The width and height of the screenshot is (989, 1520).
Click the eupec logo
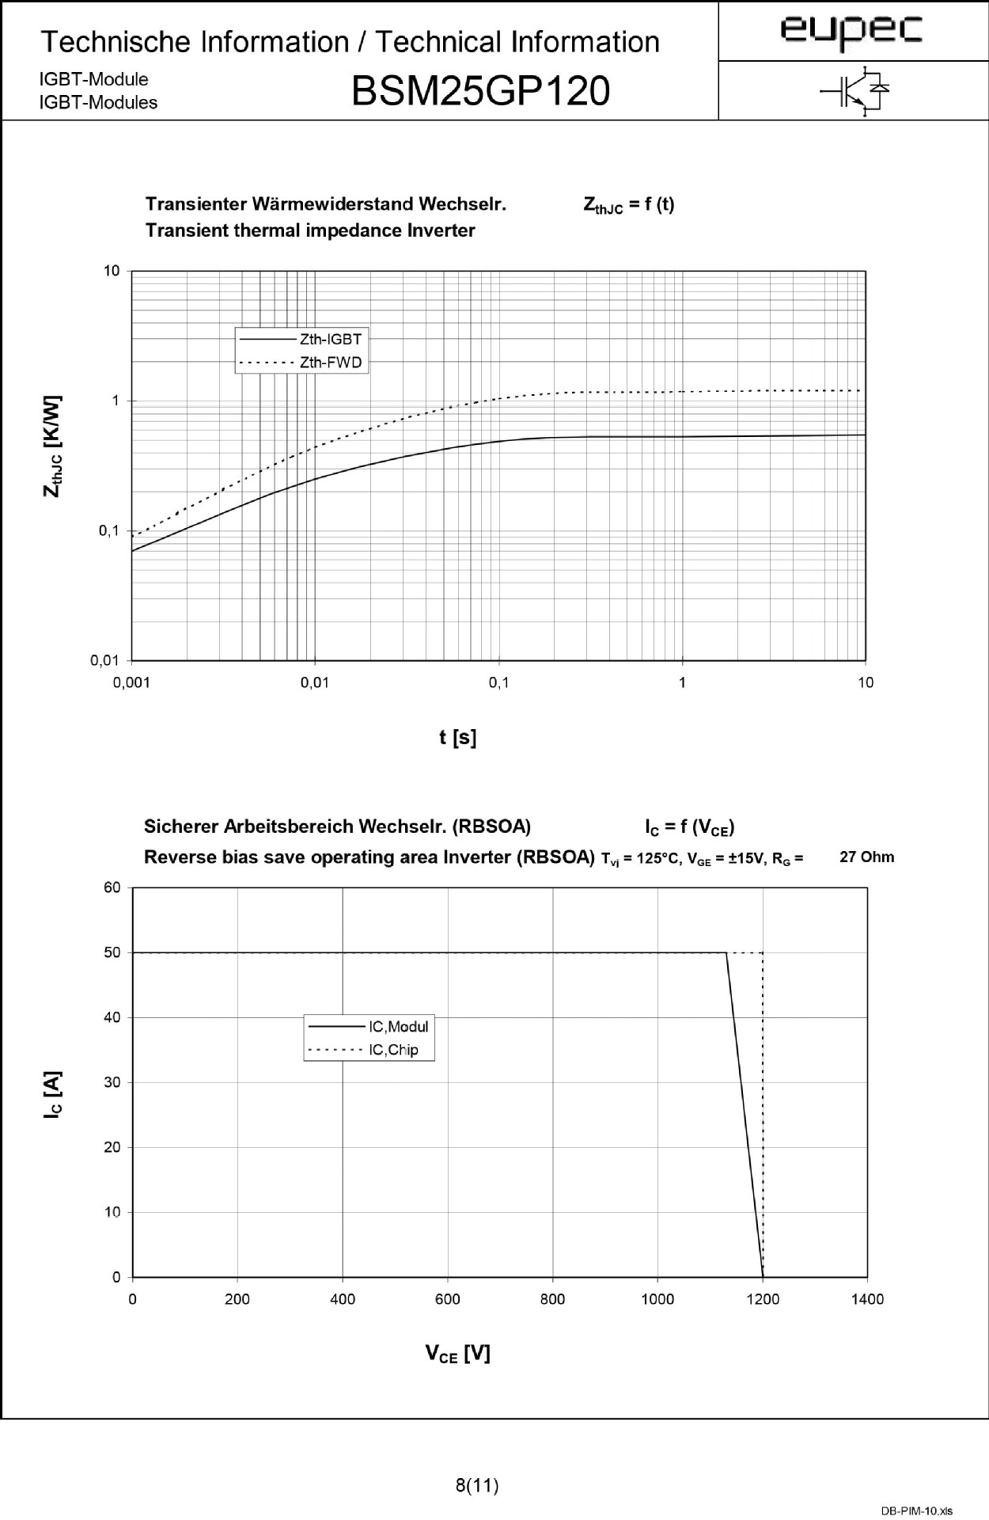click(x=851, y=31)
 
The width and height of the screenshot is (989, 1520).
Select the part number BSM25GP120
click(x=480, y=91)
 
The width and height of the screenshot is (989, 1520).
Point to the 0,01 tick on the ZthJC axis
click(x=105, y=660)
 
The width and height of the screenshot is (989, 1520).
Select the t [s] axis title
click(x=457, y=738)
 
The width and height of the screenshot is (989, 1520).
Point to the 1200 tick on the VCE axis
click(x=762, y=1299)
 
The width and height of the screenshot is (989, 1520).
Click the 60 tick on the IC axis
click(x=112, y=887)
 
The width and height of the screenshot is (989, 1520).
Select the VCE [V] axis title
click(x=457, y=1355)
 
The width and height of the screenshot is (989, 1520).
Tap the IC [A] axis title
click(x=52, y=1094)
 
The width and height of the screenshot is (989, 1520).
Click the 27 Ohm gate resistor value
click(x=866, y=857)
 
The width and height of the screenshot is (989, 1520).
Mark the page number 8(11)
click(x=477, y=1486)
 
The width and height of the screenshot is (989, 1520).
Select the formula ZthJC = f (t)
click(x=628, y=205)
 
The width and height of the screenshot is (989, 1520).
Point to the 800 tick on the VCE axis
click(x=552, y=1299)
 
